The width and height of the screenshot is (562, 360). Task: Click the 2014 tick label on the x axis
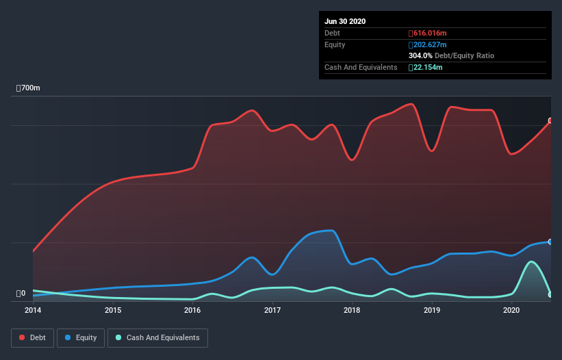(x=33, y=310)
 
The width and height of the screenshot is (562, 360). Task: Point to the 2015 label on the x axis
(x=113, y=310)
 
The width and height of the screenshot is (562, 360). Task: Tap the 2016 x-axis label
(x=192, y=310)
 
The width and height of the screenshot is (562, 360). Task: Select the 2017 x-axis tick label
(x=272, y=310)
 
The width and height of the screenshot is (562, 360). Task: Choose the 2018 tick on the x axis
(x=352, y=310)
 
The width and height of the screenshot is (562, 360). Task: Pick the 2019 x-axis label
(x=432, y=310)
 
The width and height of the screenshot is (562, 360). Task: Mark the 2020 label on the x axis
(x=511, y=310)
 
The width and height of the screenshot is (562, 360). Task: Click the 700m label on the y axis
(x=29, y=88)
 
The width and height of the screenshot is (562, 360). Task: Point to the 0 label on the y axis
(x=21, y=294)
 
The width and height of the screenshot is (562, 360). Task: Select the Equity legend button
(x=81, y=337)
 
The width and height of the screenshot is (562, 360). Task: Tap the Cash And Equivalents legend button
(x=157, y=337)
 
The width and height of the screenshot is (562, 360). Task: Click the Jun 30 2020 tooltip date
(x=345, y=21)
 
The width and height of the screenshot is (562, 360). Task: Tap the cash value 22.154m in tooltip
(x=425, y=67)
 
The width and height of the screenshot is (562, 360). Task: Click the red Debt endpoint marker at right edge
(x=550, y=120)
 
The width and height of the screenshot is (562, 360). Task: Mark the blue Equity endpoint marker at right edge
(x=550, y=242)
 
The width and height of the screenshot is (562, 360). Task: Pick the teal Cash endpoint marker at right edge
(x=550, y=294)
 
